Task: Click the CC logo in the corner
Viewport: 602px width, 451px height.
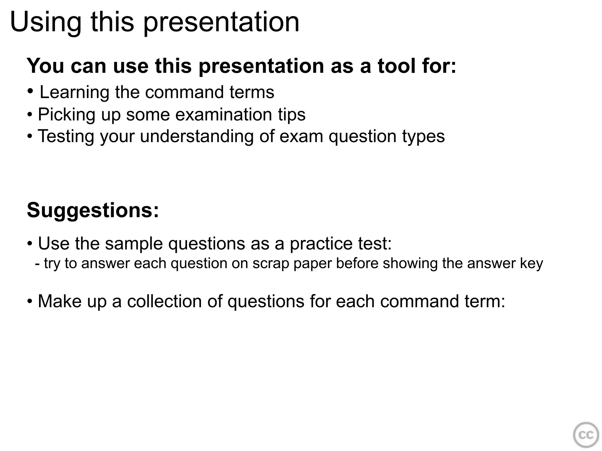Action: pos(586,435)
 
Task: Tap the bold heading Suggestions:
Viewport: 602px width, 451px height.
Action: pos(93,210)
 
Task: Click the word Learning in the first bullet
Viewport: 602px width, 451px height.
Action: pos(74,92)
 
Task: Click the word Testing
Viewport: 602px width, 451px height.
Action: pos(66,137)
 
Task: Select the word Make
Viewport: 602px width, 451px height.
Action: pos(60,302)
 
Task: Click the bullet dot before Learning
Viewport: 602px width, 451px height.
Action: pos(30,91)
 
